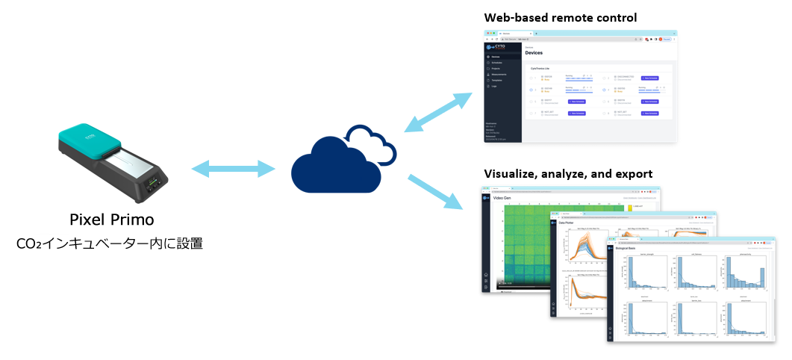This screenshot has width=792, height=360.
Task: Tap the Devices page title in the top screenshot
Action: (x=534, y=53)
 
